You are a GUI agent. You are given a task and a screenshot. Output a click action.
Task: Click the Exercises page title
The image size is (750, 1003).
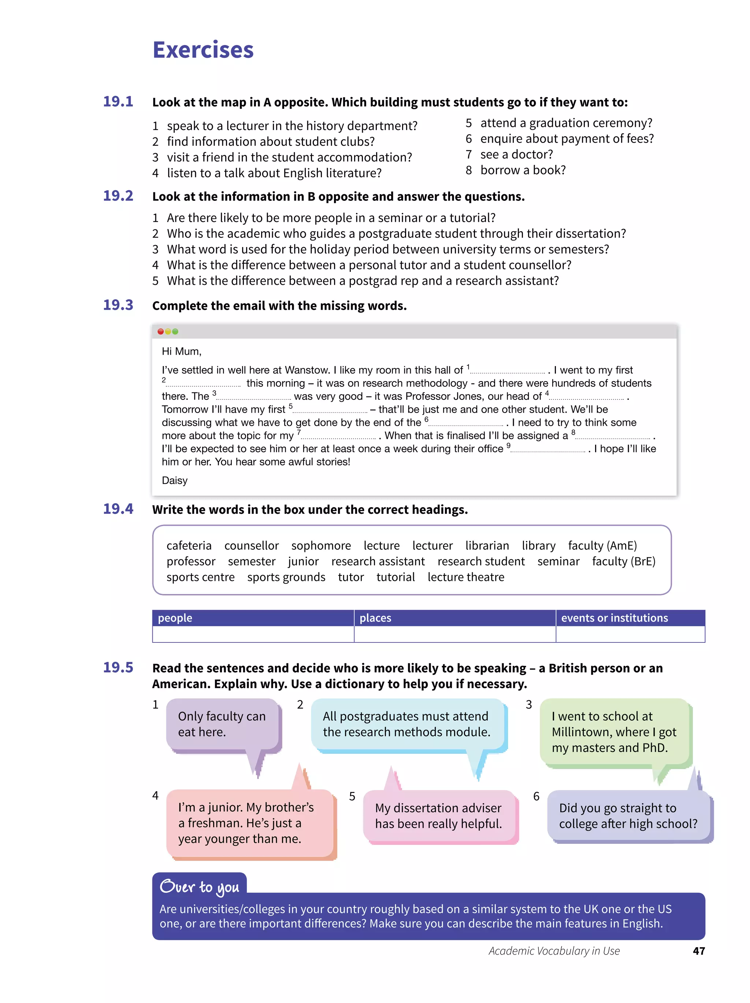pos(203,50)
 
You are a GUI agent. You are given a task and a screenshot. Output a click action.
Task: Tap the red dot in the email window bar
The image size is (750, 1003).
pos(160,331)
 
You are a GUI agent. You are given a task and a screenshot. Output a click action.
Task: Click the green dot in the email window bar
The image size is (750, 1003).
pos(175,331)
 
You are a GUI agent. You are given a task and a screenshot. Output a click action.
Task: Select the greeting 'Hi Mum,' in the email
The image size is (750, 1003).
pos(181,351)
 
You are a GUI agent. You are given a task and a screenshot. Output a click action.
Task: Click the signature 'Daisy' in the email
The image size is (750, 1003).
pos(174,480)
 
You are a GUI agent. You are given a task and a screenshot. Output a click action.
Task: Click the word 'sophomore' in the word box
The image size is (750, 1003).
pos(321,546)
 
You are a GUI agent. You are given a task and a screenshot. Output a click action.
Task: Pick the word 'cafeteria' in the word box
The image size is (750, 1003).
pos(189,546)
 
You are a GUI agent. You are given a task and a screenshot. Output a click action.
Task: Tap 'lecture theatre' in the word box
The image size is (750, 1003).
pos(465,577)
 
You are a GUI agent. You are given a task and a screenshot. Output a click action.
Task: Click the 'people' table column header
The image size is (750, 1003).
pos(175,617)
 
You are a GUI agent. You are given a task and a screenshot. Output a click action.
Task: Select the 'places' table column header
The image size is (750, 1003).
pos(375,617)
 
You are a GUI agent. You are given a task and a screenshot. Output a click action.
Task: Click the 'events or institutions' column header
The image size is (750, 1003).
pos(614,617)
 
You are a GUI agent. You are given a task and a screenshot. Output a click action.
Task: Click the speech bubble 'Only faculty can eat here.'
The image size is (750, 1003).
pos(222,724)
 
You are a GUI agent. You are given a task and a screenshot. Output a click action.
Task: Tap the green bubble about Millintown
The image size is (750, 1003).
pos(614,732)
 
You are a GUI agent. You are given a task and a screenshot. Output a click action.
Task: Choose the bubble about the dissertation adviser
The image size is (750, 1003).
pos(438,816)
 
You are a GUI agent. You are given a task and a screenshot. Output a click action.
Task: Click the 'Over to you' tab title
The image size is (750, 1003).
pos(199,887)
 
